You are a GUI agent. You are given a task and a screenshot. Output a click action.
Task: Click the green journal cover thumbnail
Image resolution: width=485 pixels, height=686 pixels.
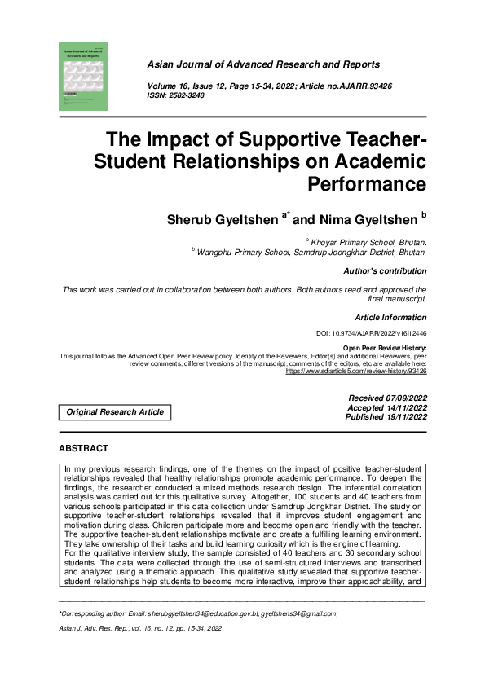click(x=83, y=77)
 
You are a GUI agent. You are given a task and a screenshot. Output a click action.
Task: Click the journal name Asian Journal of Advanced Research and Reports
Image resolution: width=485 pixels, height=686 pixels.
click(x=262, y=64)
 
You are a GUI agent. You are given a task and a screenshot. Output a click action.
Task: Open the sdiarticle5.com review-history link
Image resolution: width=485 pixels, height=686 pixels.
click(x=356, y=371)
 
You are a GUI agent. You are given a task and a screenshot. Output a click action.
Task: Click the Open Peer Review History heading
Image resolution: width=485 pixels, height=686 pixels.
click(x=385, y=348)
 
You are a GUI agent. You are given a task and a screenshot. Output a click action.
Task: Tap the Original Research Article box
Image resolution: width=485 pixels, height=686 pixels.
click(x=115, y=412)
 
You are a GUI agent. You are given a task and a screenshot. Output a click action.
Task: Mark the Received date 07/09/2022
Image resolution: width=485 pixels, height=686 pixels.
click(x=388, y=397)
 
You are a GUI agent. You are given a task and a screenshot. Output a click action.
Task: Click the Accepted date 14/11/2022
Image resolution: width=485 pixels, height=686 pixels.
click(x=388, y=407)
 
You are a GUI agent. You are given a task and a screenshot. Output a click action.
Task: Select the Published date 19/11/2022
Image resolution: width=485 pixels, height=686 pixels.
click(x=387, y=416)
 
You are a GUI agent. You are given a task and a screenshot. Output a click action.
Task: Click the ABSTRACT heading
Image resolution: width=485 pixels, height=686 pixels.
click(x=84, y=449)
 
